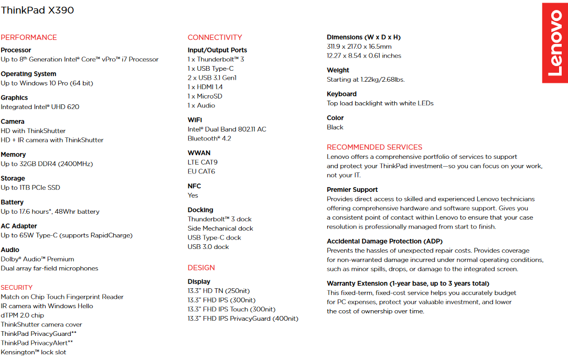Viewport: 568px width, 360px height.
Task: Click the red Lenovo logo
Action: [555, 43]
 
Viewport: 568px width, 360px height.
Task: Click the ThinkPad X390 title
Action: [37, 10]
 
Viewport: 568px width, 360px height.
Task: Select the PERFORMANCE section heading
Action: [29, 37]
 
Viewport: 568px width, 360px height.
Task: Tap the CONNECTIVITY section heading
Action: [215, 37]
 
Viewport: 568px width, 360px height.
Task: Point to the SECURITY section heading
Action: [17, 287]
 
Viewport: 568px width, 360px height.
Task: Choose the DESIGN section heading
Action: [201, 268]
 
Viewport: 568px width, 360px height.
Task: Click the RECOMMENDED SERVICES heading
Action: [374, 147]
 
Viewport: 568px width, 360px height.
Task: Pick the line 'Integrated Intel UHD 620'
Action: [40, 107]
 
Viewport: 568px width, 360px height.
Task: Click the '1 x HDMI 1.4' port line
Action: [205, 87]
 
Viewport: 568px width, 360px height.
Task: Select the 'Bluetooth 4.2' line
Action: [209, 138]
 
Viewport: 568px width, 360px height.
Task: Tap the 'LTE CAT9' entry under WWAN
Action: [202, 162]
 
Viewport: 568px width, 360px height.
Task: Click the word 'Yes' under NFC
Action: [193, 195]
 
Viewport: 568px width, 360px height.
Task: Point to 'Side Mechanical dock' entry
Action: [220, 228]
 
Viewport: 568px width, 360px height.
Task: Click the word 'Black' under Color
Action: [335, 127]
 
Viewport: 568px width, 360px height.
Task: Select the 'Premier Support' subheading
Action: [352, 190]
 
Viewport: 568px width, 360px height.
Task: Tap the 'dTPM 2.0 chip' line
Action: [23, 315]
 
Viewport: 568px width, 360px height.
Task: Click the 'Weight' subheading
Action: [338, 70]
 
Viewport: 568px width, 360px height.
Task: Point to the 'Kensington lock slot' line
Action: [34, 352]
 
